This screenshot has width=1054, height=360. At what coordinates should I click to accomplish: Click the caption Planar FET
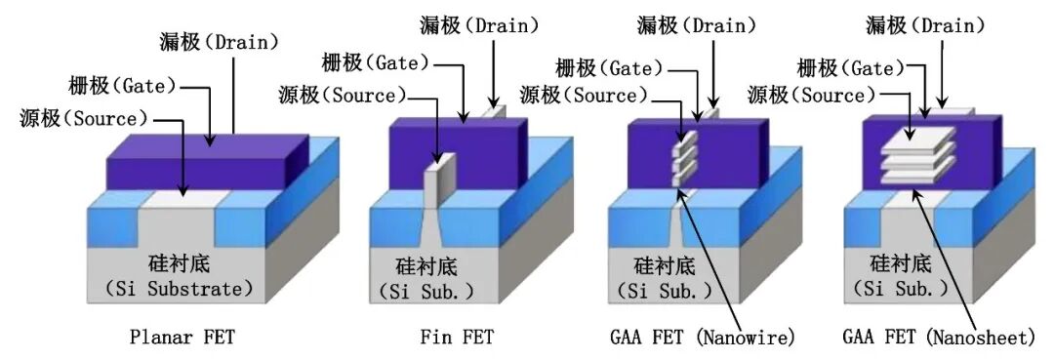click(x=182, y=337)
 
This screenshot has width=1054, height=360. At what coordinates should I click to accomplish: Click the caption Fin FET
click(x=457, y=337)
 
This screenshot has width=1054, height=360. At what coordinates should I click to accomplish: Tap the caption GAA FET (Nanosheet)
click(x=939, y=337)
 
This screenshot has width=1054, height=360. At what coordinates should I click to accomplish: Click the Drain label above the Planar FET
click(x=220, y=42)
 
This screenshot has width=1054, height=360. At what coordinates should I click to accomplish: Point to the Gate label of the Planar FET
click(x=122, y=86)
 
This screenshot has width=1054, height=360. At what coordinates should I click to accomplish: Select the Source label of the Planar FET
click(x=83, y=120)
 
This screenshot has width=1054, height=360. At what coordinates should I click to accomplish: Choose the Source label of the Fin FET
click(x=343, y=96)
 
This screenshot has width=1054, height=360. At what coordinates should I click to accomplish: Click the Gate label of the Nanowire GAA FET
click(x=609, y=68)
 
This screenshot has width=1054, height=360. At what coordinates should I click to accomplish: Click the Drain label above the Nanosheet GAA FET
click(x=925, y=26)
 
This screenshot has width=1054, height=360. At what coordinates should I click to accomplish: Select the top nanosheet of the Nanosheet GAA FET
click(x=917, y=140)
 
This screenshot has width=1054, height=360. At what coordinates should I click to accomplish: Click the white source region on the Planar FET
click(x=185, y=199)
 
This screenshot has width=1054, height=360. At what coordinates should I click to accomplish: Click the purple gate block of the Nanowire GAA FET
click(x=698, y=154)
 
